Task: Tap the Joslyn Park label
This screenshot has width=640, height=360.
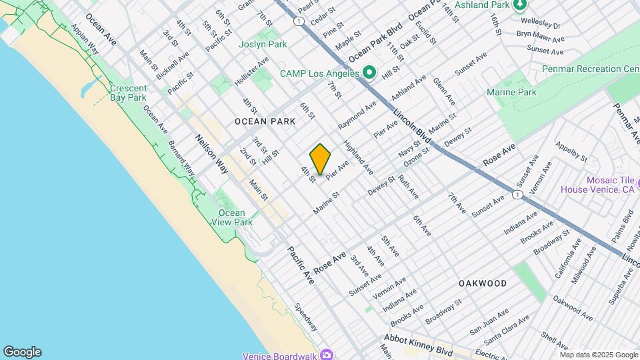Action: click(263, 45)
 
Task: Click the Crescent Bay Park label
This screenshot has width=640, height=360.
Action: click(127, 93)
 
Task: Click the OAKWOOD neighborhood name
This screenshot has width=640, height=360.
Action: click(483, 283)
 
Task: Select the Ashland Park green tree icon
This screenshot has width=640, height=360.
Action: click(520, 5)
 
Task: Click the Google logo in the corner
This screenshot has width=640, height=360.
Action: click(22, 352)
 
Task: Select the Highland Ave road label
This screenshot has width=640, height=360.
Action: click(358, 157)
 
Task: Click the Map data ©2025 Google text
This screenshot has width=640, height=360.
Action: click(597, 355)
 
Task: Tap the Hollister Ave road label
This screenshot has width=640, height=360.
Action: click(251, 71)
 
